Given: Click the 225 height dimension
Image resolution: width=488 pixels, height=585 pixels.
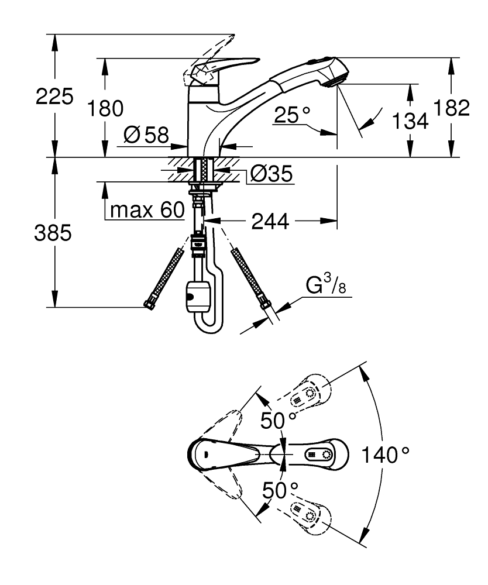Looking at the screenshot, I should click(54, 97).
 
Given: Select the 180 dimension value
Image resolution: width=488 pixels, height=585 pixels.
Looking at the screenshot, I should click(105, 109).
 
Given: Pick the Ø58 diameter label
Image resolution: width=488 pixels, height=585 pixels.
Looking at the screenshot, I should click(146, 136).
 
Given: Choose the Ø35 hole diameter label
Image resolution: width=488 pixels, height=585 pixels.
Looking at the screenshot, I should click(272, 174).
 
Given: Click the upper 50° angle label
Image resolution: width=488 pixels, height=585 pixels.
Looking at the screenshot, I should click(279, 419).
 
